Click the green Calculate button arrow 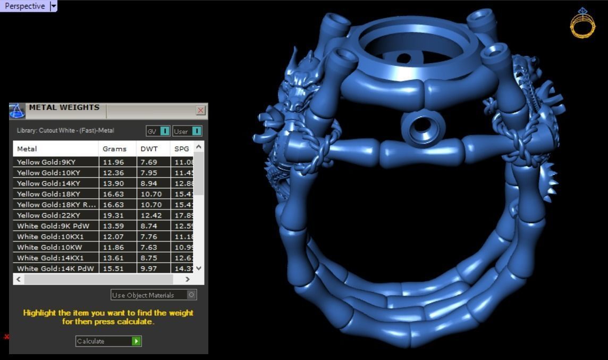[x=137, y=341]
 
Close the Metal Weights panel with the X [x=200, y=110]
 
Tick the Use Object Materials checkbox [x=191, y=295]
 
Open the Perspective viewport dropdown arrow [x=53, y=6]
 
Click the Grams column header [x=114, y=149]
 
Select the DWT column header [x=149, y=149]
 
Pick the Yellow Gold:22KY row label [x=48, y=215]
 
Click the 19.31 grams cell [x=113, y=215]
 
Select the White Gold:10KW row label [x=49, y=247]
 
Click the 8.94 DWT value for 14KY [x=148, y=183]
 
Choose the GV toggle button [x=158, y=131]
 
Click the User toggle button [x=187, y=131]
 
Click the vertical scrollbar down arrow [x=199, y=268]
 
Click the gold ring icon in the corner [x=582, y=24]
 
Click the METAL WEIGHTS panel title [x=64, y=107]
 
